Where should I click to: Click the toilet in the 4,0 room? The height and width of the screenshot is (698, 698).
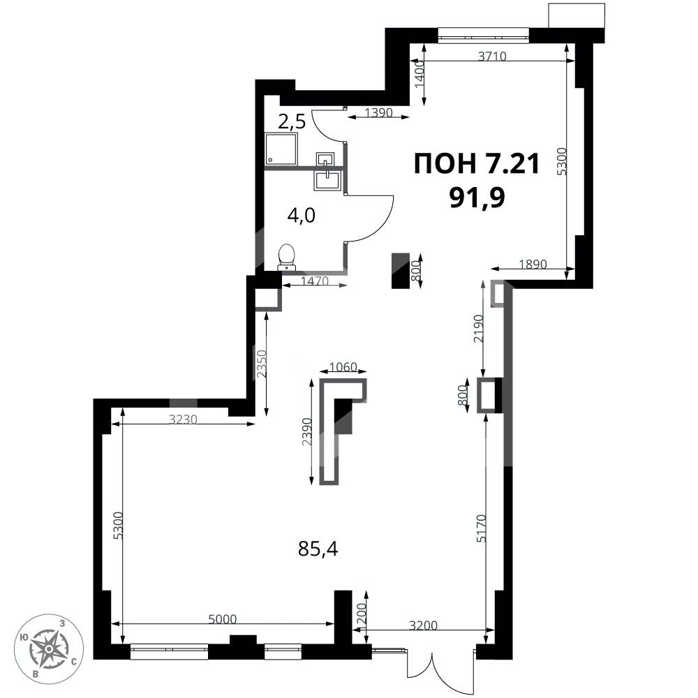coord(286,257)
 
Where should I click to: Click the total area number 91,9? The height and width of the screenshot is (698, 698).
coord(477,196)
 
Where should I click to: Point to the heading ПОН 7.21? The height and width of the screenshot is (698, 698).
coord(477,164)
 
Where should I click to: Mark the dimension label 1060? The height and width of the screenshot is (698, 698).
coord(343,366)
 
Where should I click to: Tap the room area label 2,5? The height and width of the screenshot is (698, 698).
coord(292,122)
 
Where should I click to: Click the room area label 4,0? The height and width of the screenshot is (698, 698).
coord(302,215)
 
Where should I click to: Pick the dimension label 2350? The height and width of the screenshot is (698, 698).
coord(260,363)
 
